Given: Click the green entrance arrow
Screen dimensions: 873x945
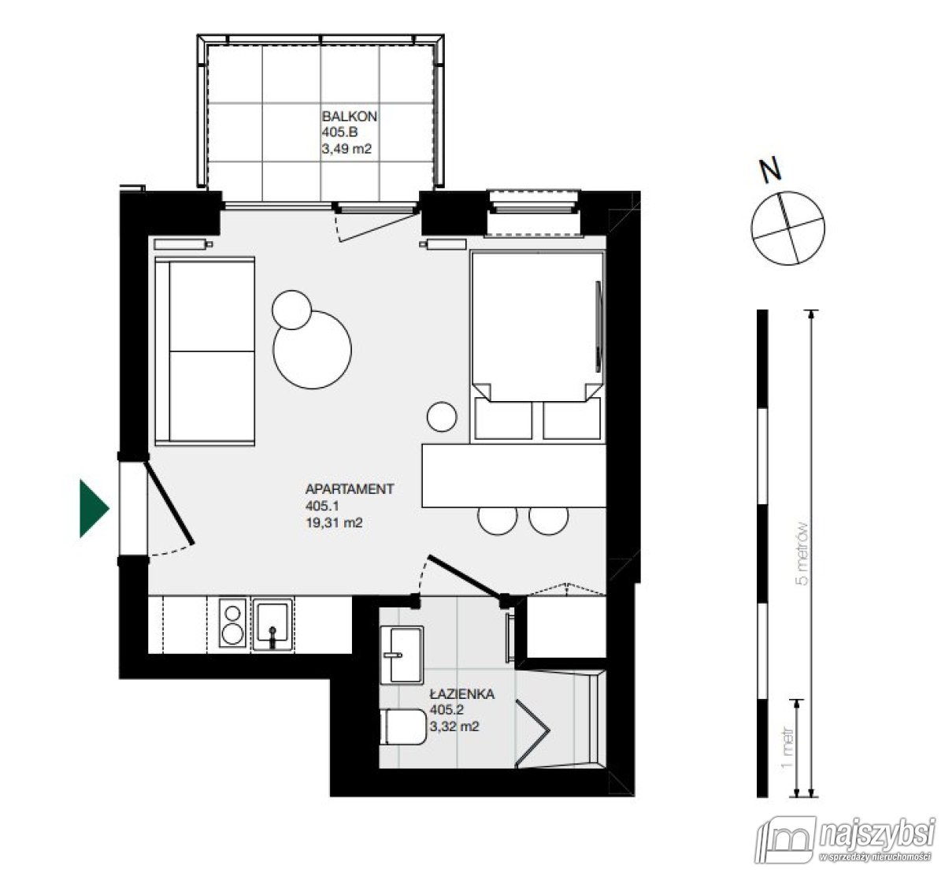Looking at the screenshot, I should (x=93, y=508).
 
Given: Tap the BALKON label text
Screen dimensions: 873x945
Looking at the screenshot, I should (x=350, y=117).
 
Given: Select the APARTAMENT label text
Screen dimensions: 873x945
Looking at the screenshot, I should (x=349, y=489).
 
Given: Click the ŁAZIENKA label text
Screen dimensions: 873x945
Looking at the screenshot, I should (x=461, y=694).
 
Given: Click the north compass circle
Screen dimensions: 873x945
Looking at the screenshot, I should (x=789, y=228).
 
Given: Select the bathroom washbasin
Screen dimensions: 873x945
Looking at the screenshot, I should (x=400, y=654).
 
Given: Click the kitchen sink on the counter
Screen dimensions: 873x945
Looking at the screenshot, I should (x=273, y=625).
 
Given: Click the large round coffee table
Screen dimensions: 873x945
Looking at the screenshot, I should (x=312, y=349).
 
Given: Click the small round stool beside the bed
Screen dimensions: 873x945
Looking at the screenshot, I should (x=442, y=417).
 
